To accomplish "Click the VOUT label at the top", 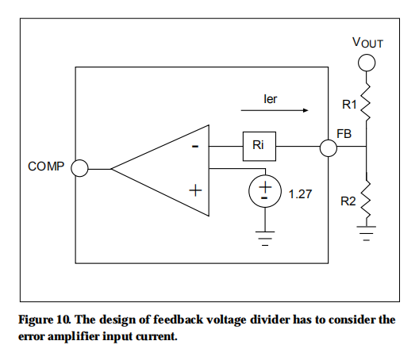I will click(x=367, y=42).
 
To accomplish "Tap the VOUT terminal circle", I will click(x=367, y=63).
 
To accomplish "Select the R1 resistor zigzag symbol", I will click(x=367, y=103).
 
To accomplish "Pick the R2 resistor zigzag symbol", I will click(x=367, y=200).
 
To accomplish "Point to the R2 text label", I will click(x=348, y=201).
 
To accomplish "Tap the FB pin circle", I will click(x=328, y=147).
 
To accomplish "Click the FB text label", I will click(x=344, y=133).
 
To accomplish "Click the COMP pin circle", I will click(x=79, y=168).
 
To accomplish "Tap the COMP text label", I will click(x=44, y=167).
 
